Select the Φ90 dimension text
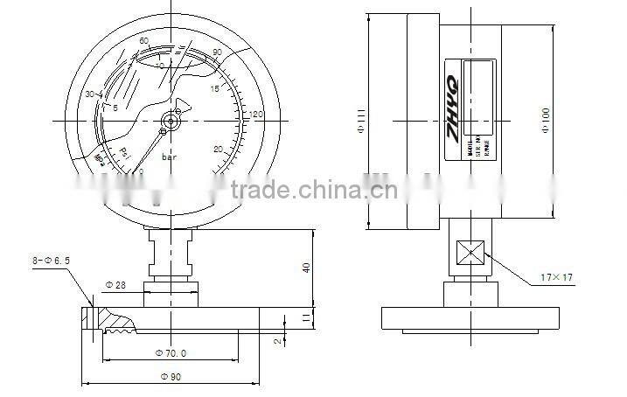pos(172,376)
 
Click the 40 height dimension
pos(306,267)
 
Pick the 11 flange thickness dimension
pos(305,319)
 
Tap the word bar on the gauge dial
pos(171,157)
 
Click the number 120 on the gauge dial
pos(257,115)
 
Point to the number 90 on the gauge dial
pos(217,53)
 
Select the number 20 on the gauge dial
pos(218,149)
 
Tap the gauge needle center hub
pos(168,122)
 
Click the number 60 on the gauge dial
pos(144,41)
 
